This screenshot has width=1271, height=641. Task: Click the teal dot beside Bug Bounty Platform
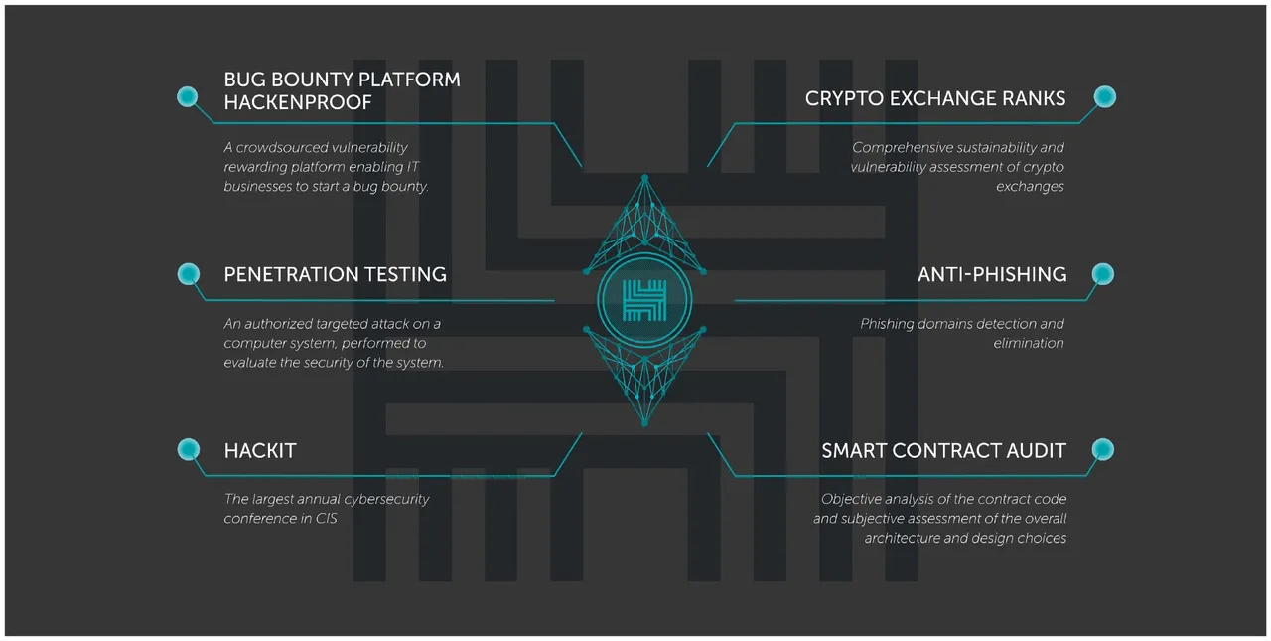[188, 96]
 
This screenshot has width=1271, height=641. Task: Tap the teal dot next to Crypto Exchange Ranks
[1105, 96]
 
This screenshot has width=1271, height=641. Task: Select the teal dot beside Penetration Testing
[189, 274]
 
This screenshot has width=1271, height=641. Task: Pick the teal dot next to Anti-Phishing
[1103, 274]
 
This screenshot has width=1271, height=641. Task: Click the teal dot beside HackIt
[189, 449]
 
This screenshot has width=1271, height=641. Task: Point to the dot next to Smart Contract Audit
[1103, 449]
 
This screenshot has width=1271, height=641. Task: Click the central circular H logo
[644, 300]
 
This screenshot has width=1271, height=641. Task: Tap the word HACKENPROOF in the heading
[298, 102]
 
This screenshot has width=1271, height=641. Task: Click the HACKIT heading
[260, 451]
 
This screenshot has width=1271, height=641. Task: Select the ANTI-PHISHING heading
[992, 275]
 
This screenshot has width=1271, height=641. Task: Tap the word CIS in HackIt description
[327, 519]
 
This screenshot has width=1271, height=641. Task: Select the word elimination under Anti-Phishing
[1028, 343]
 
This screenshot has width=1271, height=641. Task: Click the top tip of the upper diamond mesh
[644, 178]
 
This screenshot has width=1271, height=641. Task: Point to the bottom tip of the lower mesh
[644, 423]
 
